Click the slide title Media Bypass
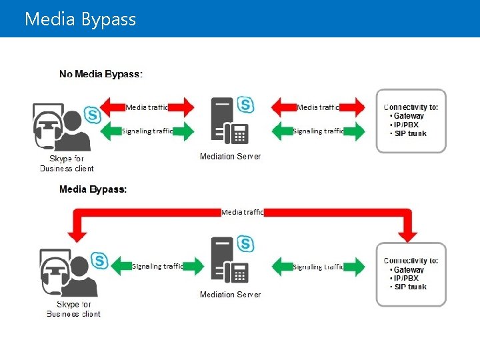coord(80,19)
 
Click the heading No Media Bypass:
coord(101,74)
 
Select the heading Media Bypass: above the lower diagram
coord(93,189)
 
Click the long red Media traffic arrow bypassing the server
coord(243,213)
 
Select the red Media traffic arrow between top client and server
coord(149,107)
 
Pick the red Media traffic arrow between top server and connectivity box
coord(319,107)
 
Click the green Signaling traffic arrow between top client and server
coord(149,131)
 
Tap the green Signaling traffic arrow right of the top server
coord(319,131)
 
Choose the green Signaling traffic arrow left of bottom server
coord(157,266)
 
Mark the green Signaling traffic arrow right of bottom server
coord(319,266)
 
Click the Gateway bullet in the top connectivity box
coord(407,116)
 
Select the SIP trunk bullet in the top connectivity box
coord(409,133)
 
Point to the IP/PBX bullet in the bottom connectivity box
coord(407,278)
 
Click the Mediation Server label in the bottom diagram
coord(230,294)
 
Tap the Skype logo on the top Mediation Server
coord(246,105)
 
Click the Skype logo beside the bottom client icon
coord(100,260)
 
